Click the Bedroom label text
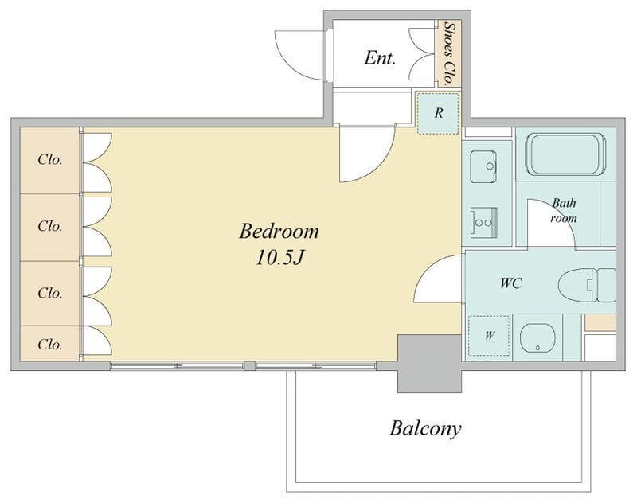(279, 232)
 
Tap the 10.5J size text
(279, 257)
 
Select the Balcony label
(425, 429)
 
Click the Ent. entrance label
(380, 57)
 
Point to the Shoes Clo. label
(449, 53)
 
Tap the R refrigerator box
(439, 113)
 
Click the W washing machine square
(489, 335)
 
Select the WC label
(511, 283)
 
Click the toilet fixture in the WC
(587, 285)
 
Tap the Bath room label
(564, 210)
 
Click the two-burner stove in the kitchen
(484, 223)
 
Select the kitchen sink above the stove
(483, 167)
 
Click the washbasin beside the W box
(537, 337)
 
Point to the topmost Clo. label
(50, 159)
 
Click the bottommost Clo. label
(50, 345)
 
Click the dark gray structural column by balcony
(429, 364)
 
